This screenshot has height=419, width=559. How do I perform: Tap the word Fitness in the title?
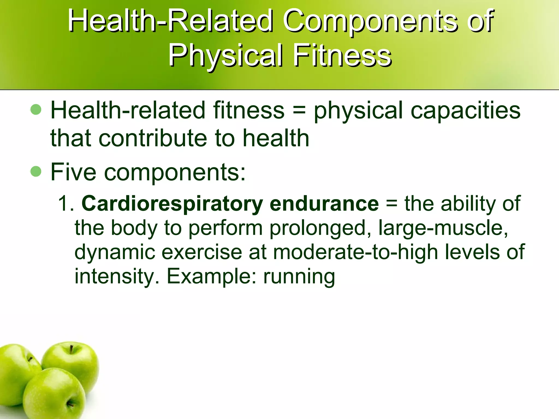coord(342,56)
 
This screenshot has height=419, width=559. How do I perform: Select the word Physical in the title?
coord(225,56)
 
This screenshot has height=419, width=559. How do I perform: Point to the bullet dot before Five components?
coord(36,172)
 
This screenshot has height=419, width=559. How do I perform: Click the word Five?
coord(73,172)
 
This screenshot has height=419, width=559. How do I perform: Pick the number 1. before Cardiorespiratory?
coord(66,203)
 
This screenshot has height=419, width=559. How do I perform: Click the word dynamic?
coord(115,252)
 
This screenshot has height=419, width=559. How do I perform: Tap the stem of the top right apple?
coord(72,349)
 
